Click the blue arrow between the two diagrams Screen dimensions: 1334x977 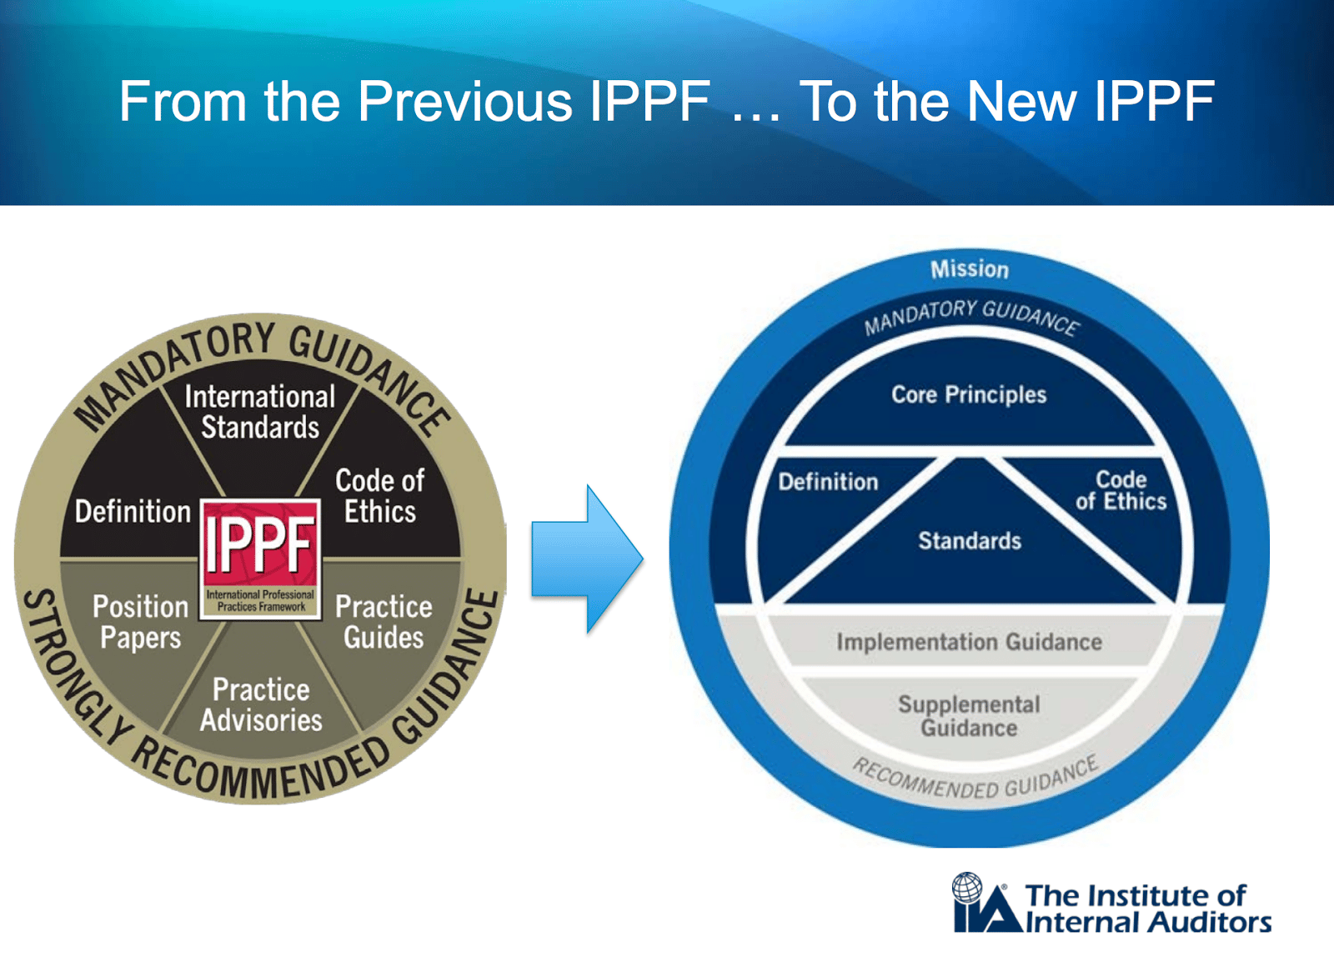coord(587,559)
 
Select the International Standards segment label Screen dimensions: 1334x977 coord(260,412)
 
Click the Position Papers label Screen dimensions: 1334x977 coord(141,622)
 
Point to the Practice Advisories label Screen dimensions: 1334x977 coord(261,705)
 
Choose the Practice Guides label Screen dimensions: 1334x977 coord(384,622)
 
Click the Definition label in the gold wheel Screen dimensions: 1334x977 coord(133,512)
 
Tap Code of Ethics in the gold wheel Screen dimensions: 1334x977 coord(380,496)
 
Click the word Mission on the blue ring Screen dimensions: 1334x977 coord(970,270)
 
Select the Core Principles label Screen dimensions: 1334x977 coord(969,395)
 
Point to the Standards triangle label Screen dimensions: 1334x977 coord(970,540)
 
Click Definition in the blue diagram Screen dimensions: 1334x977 coord(828,482)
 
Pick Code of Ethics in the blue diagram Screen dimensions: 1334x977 coord(1121,490)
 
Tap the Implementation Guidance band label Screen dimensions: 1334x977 coord(969,642)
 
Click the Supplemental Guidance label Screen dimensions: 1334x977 coord(969,716)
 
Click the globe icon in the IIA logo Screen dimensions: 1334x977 coord(966,887)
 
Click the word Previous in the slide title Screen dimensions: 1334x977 coord(464,101)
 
